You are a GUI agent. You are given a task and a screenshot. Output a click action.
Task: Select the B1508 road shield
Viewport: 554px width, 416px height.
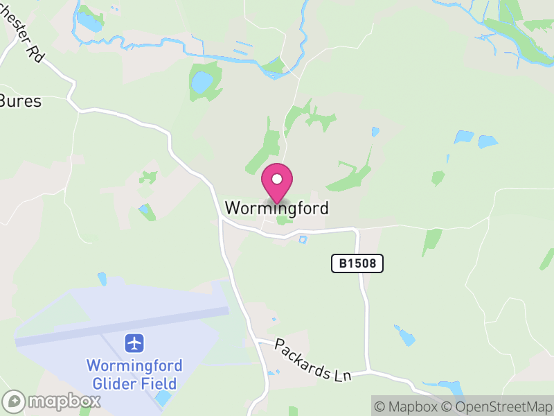pyautogui.click(x=357, y=263)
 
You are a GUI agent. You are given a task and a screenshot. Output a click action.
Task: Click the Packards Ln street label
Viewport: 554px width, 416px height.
pyautogui.click(x=313, y=359)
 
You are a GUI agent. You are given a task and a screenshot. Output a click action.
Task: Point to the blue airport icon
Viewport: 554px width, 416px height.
pyautogui.click(x=134, y=343)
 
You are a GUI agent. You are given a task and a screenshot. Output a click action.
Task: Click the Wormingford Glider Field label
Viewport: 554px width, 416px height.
pyautogui.click(x=134, y=374)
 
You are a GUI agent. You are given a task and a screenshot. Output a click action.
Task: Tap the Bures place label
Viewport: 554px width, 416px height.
pyautogui.click(x=20, y=101)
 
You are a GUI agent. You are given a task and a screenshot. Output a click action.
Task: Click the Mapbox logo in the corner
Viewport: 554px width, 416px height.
pyautogui.click(x=52, y=401)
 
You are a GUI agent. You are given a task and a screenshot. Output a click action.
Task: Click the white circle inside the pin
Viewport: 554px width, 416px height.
pyautogui.click(x=277, y=179)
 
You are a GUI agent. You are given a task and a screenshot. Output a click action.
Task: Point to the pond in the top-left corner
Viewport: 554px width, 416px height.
pyautogui.click(x=89, y=22)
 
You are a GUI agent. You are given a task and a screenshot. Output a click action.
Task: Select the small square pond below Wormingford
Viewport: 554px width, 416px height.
pyautogui.click(x=302, y=240)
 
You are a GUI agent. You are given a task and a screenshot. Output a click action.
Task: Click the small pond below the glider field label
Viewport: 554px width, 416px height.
pyautogui.click(x=163, y=398)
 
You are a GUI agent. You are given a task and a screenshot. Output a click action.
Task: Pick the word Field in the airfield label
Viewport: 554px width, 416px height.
pyautogui.click(x=161, y=383)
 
